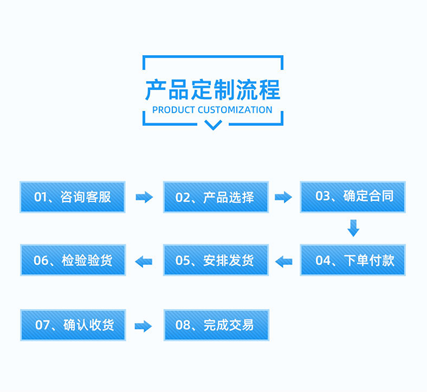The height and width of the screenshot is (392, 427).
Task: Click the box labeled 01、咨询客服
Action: point(72,197)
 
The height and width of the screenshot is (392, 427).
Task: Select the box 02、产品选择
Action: point(216,197)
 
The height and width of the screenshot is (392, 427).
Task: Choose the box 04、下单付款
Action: point(353,260)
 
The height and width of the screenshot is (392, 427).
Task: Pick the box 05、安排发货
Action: point(216,260)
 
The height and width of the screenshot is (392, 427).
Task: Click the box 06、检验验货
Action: point(72,260)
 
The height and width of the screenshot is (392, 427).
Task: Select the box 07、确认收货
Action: point(72,325)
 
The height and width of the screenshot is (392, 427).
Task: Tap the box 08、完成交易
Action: point(216,325)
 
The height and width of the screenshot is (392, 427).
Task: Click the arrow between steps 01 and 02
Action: point(144,197)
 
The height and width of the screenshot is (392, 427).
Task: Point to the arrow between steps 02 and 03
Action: point(283,197)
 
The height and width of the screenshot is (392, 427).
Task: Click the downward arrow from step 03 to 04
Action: point(353,228)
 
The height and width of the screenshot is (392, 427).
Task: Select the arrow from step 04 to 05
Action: point(283,261)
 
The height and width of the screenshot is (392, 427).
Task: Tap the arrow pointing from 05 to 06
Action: point(144,261)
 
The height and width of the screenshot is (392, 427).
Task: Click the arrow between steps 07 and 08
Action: point(144,326)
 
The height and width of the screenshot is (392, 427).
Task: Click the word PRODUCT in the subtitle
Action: point(174,110)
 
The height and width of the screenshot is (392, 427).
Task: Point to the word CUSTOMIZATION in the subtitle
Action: point(235,110)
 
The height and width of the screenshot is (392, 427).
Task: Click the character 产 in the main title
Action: point(156,90)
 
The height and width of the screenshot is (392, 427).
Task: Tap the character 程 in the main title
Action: point(269,90)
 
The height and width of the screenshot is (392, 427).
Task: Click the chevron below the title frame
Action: point(213,125)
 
